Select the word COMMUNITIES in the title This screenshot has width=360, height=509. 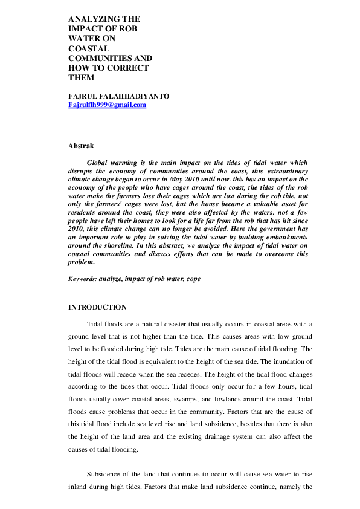98,58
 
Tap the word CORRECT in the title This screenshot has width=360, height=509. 126,68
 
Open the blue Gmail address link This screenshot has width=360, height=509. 108,105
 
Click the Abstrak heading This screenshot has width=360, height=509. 81,146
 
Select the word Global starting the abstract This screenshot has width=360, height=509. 100,163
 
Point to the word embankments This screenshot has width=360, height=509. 285,247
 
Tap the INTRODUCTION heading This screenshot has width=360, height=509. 97,307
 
